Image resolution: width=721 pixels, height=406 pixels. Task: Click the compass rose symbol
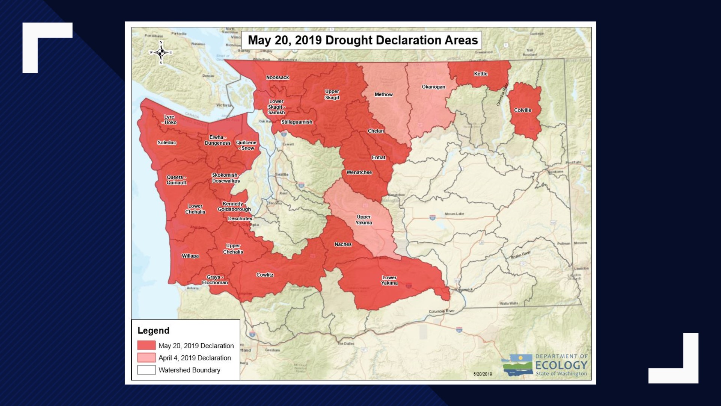click(161, 53)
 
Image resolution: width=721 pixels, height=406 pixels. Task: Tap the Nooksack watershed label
click(278, 77)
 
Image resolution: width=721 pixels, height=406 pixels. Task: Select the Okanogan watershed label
click(433, 87)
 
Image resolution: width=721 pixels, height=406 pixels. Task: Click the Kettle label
click(481, 74)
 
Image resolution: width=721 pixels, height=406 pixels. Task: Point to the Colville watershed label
click(523, 110)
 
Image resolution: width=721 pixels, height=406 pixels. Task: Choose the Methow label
click(383, 94)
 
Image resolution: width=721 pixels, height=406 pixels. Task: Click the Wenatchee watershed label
click(359, 172)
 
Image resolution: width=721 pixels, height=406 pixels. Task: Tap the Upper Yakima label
click(364, 220)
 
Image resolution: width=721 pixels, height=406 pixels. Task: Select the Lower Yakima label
click(389, 280)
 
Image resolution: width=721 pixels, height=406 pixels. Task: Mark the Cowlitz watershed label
click(265, 275)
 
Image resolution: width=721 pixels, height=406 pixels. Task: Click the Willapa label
click(190, 256)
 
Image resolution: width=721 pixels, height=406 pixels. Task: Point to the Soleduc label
click(167, 142)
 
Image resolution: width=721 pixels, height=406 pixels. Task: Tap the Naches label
click(343, 244)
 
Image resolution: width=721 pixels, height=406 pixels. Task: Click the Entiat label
click(379, 158)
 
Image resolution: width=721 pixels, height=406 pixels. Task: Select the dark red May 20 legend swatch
click(146, 345)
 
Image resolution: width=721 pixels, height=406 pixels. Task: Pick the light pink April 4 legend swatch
click(146, 358)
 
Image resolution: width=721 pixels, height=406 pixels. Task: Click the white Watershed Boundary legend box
click(146, 370)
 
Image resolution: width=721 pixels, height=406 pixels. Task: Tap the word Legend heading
click(153, 330)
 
